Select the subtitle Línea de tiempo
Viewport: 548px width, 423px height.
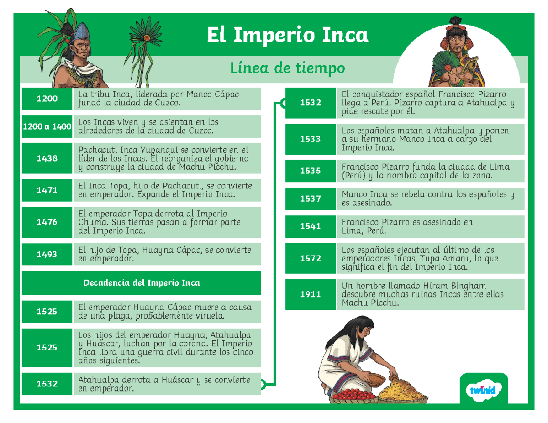pos(287,68)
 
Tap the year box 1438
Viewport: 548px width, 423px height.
pos(47,158)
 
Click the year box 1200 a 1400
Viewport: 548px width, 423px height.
pos(47,126)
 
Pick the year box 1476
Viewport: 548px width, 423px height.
pos(47,222)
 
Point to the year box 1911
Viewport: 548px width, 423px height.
pos(311,294)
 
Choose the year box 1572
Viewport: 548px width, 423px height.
pos(311,259)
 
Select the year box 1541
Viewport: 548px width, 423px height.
pos(311,226)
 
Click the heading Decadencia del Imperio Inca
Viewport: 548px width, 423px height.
pos(142,283)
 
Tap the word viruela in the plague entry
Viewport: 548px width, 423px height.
pos(208,316)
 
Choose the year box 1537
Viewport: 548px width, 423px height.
pos(311,199)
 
